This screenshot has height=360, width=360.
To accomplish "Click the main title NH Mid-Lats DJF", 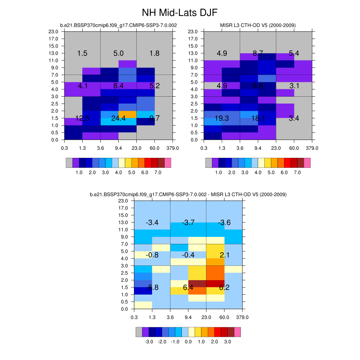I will point(180,13).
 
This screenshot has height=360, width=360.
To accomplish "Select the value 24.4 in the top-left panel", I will point(118,118).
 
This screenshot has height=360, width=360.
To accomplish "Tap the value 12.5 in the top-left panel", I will point(82,118).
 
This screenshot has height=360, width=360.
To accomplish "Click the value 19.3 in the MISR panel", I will point(222,118).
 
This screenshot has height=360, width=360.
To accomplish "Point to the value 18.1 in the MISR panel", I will point(258,118).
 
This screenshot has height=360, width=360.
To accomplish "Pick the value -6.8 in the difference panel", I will point(152,288).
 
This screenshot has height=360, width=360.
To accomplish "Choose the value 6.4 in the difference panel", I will point(188,288).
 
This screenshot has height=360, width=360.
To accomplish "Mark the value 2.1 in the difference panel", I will point(224,255).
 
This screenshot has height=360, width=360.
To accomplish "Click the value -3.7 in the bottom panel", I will point(188,223).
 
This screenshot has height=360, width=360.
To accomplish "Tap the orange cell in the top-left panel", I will point(127,114).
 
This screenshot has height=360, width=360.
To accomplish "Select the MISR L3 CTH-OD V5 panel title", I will point(258,25).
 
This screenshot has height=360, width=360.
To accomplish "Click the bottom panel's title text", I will point(188,194).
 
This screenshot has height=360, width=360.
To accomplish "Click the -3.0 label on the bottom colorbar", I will point(149,342).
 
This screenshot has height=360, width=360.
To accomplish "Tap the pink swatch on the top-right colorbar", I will point(307,163).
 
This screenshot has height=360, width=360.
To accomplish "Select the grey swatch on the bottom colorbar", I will point(139,332).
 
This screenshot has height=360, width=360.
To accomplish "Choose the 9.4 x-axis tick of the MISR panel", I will point(258,148).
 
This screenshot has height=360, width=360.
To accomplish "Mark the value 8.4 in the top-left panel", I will point(118,86).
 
